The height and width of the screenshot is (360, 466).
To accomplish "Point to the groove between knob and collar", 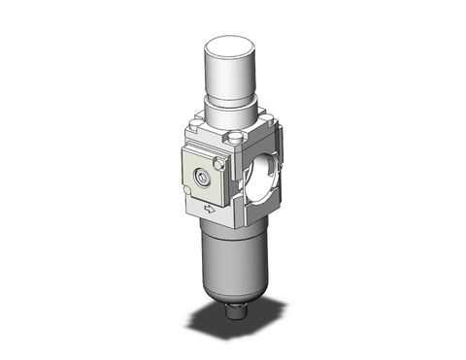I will [234, 96].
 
